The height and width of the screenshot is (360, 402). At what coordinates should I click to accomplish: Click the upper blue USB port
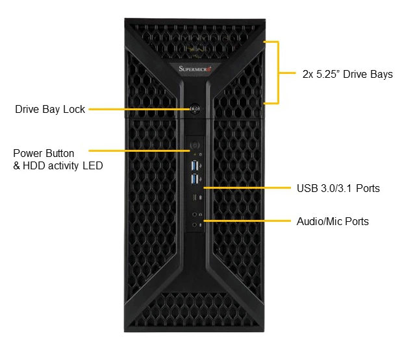pyautogui.click(x=194, y=165)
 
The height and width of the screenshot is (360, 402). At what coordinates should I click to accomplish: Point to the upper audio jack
pyautogui.click(x=195, y=213)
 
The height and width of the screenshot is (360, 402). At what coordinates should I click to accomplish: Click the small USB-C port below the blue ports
pyautogui.click(x=194, y=197)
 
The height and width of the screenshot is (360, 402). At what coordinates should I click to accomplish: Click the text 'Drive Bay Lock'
pyautogui.click(x=50, y=110)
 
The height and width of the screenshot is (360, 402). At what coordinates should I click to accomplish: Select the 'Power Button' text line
pyautogui.click(x=44, y=154)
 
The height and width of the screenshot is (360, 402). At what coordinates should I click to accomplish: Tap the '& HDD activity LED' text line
pyautogui.click(x=58, y=166)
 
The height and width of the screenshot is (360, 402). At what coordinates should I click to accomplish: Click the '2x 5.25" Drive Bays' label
pyautogui.click(x=347, y=75)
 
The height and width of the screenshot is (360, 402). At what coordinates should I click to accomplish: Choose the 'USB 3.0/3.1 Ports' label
pyautogui.click(x=338, y=189)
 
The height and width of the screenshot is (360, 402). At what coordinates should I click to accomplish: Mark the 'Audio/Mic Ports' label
pyautogui.click(x=333, y=222)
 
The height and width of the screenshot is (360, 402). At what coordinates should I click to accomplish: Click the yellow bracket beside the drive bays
pyautogui.click(x=278, y=73)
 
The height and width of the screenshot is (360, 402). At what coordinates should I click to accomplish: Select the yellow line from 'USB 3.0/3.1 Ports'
pyautogui.click(x=247, y=188)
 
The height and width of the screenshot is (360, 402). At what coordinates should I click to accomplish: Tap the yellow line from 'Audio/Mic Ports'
pyautogui.click(x=247, y=221)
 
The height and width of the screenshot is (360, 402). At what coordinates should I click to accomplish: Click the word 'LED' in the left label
pyautogui.click(x=93, y=166)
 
